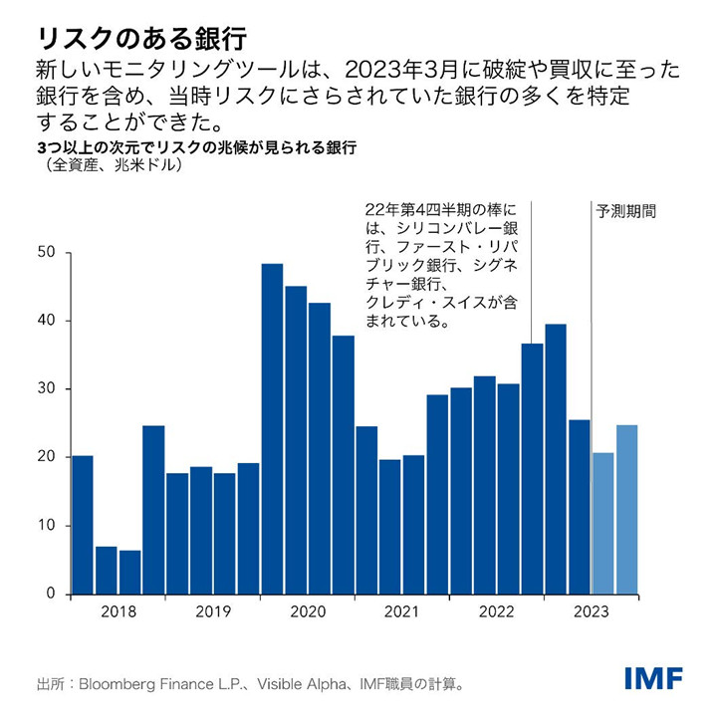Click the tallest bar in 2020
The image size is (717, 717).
point(272,428)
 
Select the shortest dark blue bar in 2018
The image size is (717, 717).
point(129,572)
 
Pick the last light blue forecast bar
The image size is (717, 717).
point(627,509)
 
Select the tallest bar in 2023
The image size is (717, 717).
point(556,458)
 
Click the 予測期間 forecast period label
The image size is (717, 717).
point(626,212)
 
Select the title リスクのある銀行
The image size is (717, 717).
point(140,37)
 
